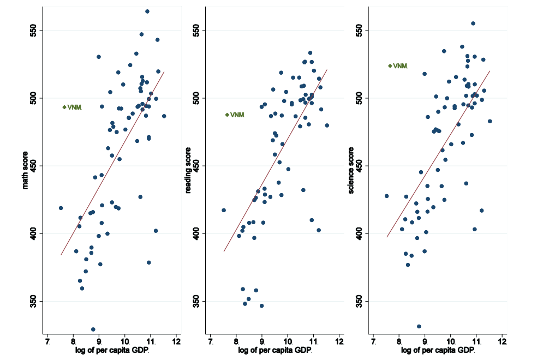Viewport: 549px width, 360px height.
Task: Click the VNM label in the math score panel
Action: pos(74,107)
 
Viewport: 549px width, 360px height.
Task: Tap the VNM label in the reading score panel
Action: pos(237,115)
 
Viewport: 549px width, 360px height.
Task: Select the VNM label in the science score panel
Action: pos(400,66)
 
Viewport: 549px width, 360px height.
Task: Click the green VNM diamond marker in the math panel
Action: pos(64,107)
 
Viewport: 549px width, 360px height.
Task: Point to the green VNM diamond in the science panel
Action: pos(390,66)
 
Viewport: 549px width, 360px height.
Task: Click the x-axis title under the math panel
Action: pos(112,351)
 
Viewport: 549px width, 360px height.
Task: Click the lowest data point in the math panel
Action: pos(93,329)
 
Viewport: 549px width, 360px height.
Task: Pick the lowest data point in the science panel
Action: pos(419,326)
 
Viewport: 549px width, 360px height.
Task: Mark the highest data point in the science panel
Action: pos(473,23)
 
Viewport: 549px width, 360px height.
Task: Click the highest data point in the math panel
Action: pos(147,11)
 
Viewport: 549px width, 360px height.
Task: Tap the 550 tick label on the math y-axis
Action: pos(33,30)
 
